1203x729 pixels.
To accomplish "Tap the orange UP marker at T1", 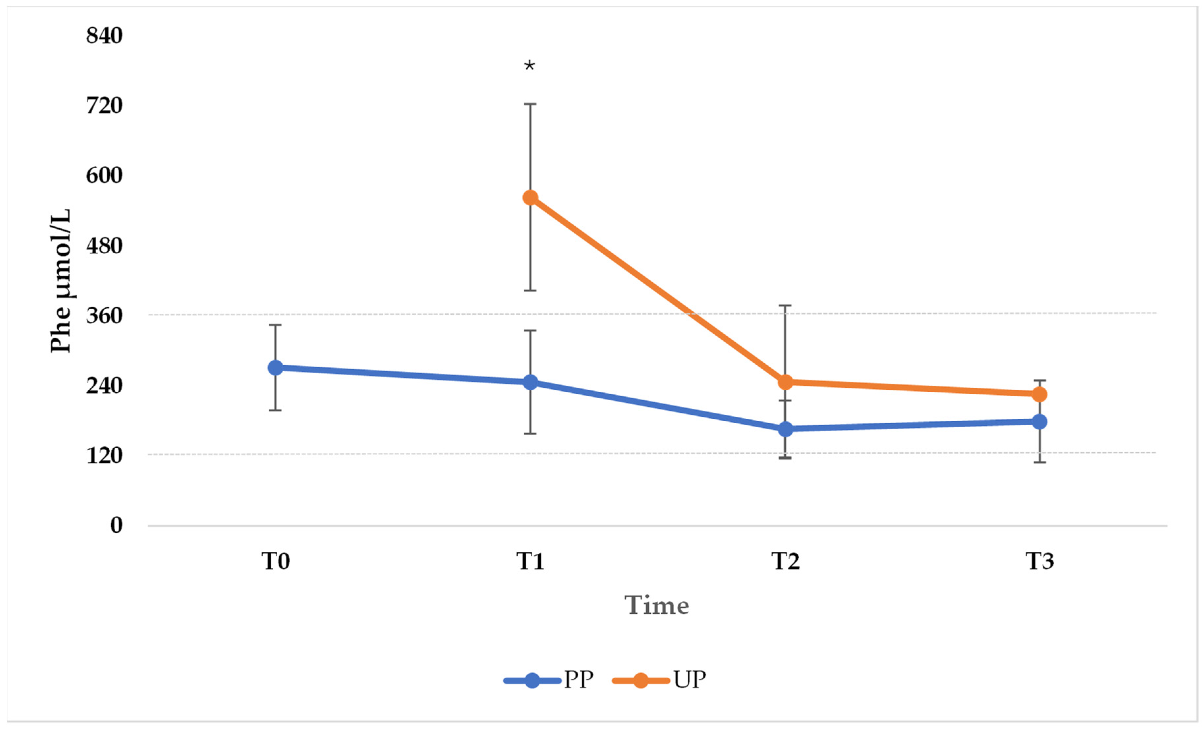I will click(530, 198).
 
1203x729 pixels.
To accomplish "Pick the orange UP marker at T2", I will click(785, 382).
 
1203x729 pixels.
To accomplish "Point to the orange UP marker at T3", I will click(1040, 394).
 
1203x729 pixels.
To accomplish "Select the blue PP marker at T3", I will click(1040, 421).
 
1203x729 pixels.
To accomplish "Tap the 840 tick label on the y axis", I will click(104, 36).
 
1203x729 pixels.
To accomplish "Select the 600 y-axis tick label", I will click(104, 175).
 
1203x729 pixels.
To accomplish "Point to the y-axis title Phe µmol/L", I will click(61, 281).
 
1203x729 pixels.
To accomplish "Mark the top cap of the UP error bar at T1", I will click(530, 104).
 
